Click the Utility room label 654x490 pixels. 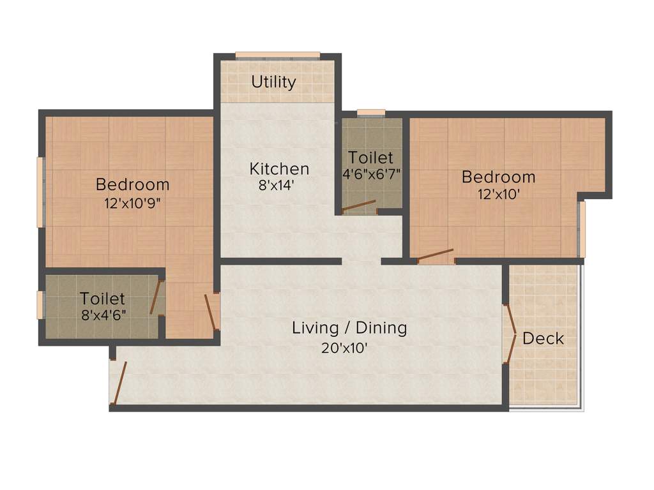click(x=273, y=82)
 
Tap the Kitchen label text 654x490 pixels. click(x=279, y=169)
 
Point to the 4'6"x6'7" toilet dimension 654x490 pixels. click(x=371, y=173)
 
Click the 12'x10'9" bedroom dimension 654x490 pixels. click(x=133, y=204)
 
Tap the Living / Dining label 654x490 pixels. click(x=349, y=328)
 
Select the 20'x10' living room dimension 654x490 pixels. click(x=344, y=348)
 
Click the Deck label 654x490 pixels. click(x=544, y=338)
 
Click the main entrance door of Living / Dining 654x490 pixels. click(x=119, y=383)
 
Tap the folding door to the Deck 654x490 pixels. click(x=511, y=334)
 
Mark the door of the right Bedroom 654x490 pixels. click(x=436, y=255)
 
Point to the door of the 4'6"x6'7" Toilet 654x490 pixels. click(x=358, y=206)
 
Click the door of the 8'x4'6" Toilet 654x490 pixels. click(x=155, y=297)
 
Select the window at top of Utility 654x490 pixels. click(x=277, y=55)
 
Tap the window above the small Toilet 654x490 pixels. click(x=371, y=113)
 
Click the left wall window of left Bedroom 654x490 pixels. click(x=40, y=192)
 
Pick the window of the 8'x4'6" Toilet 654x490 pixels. click(x=40, y=305)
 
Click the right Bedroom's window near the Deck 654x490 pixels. click(x=582, y=229)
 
